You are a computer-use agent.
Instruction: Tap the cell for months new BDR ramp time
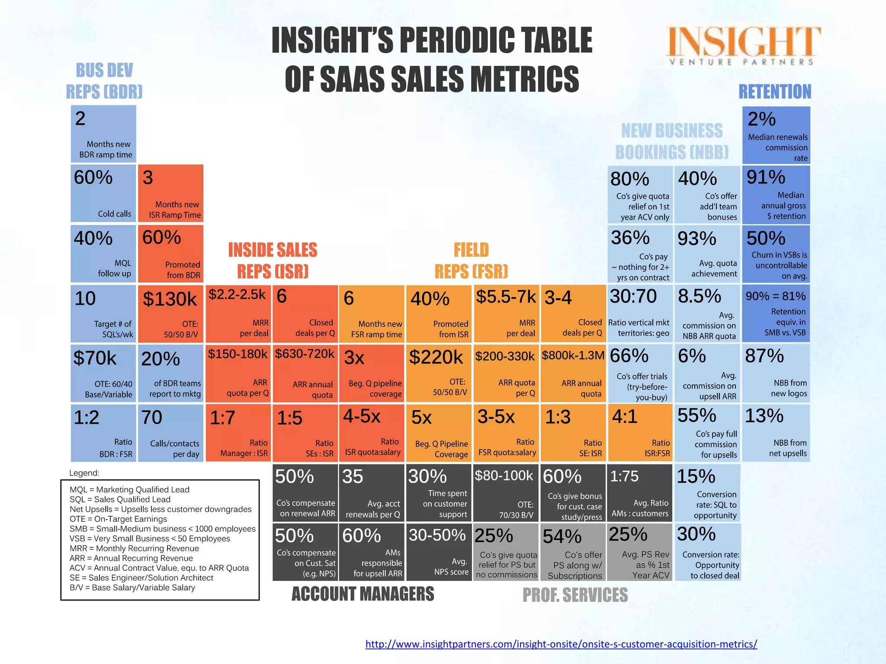click(x=103, y=134)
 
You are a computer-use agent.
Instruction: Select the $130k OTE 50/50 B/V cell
click(x=170, y=313)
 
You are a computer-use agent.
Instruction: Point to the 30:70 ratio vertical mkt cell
click(x=640, y=313)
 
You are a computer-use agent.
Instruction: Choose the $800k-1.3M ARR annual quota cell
click(x=573, y=373)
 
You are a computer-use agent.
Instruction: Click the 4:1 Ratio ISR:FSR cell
click(x=640, y=433)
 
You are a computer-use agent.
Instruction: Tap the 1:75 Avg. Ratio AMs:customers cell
click(x=640, y=493)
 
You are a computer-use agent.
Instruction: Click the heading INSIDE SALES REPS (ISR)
click(x=273, y=261)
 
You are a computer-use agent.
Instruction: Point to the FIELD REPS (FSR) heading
click(x=471, y=261)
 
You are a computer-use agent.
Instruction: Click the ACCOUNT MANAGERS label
click(x=363, y=594)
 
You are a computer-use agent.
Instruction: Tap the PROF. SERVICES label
click(x=575, y=595)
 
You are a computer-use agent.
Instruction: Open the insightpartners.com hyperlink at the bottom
click(x=561, y=644)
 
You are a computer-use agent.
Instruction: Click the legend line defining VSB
click(x=150, y=539)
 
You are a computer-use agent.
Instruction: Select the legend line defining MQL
click(x=129, y=490)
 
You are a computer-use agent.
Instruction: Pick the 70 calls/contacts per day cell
click(x=170, y=433)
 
